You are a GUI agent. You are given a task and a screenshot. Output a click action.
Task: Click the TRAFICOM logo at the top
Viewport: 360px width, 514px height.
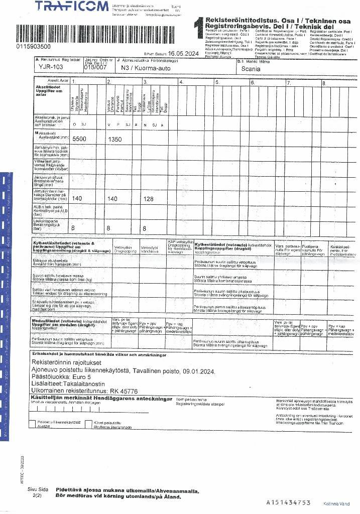click(72, 7)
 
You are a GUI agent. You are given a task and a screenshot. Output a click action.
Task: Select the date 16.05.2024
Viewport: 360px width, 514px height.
click(184, 53)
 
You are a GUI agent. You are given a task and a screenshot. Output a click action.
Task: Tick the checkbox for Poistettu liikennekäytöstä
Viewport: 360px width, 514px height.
click(33, 424)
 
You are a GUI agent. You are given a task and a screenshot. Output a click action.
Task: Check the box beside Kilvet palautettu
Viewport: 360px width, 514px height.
click(88, 424)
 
